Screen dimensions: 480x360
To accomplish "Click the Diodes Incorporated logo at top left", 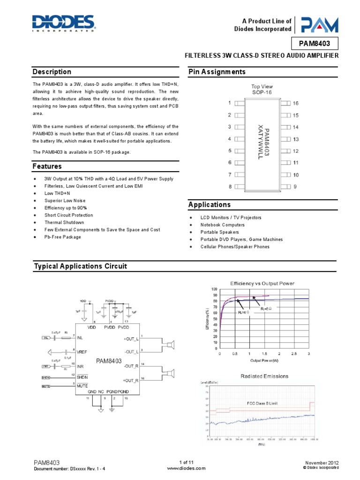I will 63,22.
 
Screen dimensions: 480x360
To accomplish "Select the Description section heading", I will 52,72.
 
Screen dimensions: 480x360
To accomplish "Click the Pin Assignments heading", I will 217,72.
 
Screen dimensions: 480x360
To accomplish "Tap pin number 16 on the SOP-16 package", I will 295,103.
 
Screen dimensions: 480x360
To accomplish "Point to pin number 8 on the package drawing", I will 230,187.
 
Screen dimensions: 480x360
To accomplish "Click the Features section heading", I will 47,166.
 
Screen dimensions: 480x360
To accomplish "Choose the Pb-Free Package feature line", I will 63,237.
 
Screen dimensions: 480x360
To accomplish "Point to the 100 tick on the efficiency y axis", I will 214,290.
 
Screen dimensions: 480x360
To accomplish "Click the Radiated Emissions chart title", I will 264,376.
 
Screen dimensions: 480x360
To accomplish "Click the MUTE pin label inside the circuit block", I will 83,386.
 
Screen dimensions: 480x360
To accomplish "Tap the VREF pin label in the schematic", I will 83,351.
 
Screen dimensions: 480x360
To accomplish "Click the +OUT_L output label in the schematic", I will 131,338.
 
